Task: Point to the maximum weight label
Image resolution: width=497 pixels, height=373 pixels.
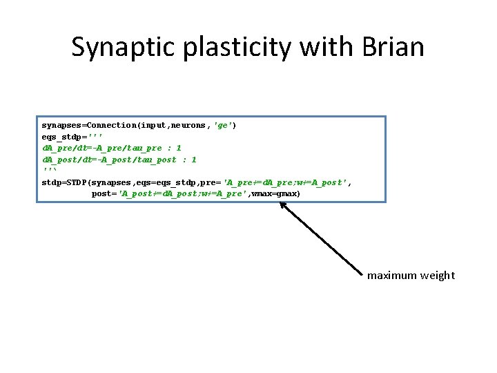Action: (x=411, y=276)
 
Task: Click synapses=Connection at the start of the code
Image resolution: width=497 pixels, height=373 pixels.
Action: (x=89, y=125)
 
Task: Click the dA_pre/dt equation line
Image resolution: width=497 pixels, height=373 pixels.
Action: (x=112, y=148)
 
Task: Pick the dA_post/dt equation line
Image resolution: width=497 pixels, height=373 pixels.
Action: (x=119, y=160)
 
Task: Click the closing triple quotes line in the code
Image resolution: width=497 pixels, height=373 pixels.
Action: (x=50, y=171)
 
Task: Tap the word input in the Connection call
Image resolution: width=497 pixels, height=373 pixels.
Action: (x=155, y=125)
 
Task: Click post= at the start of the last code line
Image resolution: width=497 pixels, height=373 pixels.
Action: (x=104, y=193)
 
